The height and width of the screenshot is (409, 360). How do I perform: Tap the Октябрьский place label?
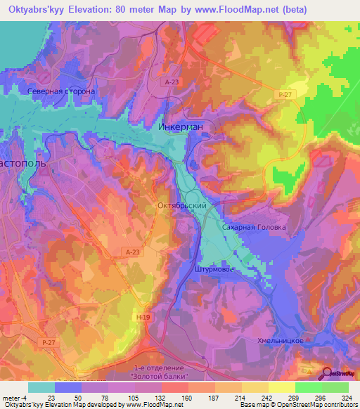(x=180, y=206)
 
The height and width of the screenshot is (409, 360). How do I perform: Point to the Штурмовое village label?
(x=212, y=268)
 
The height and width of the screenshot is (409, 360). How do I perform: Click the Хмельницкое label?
(x=280, y=339)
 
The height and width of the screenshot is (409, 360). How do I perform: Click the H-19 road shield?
(x=143, y=318)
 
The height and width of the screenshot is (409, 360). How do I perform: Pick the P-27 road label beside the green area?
(x=285, y=94)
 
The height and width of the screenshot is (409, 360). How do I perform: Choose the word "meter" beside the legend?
(x=12, y=398)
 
